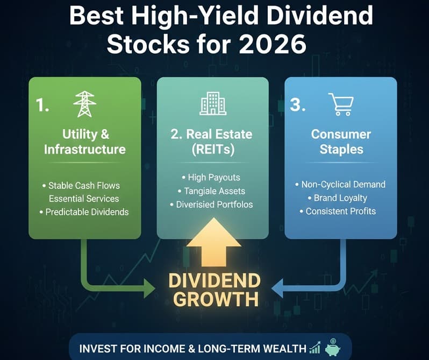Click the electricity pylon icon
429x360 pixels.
click(84, 104)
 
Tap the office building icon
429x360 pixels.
click(213, 103)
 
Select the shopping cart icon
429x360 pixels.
click(340, 104)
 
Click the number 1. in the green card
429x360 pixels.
click(43, 104)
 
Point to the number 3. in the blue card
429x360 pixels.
click(297, 104)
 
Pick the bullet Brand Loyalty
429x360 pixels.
click(340, 197)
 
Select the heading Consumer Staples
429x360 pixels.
click(341, 142)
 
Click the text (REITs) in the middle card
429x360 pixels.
click(213, 150)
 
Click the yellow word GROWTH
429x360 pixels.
click(213, 298)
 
